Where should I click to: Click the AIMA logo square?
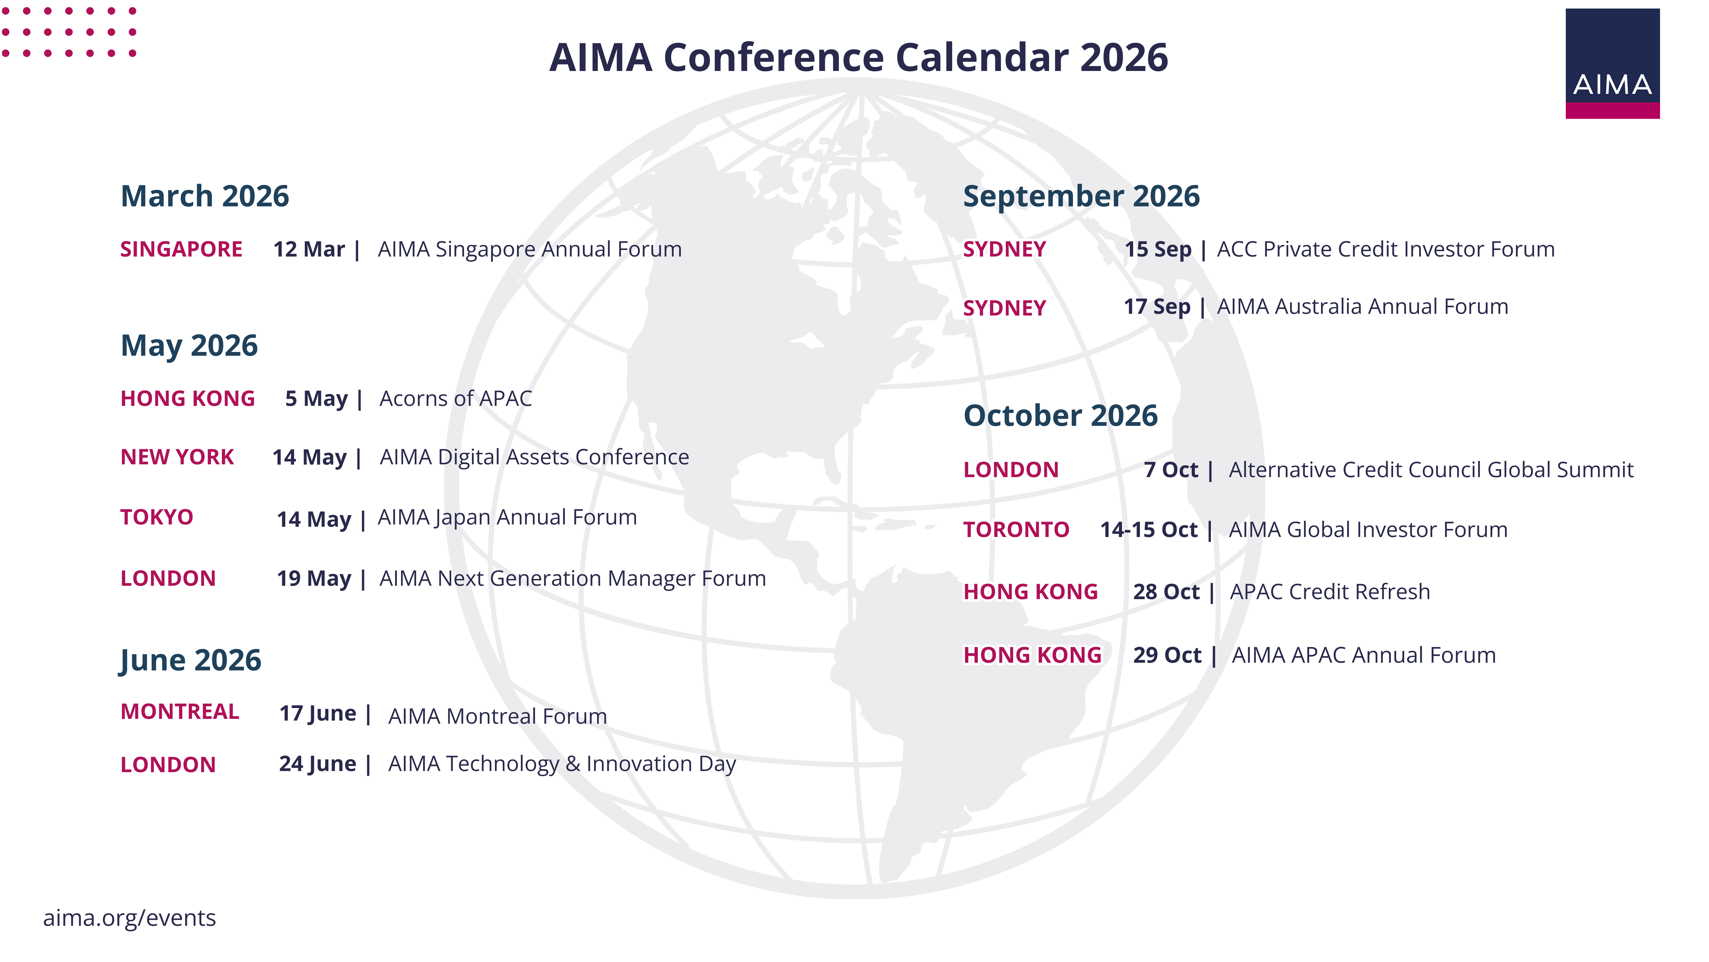[x=1612, y=64]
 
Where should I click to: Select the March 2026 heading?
[x=205, y=196]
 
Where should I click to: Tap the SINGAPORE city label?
[x=181, y=250]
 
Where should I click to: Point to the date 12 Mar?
[x=309, y=250]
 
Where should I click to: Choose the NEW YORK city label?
[x=177, y=457]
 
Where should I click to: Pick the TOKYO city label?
[x=157, y=517]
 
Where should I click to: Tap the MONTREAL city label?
[x=180, y=712]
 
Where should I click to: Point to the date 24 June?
[x=318, y=764]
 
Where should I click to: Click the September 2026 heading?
[x=1082, y=196]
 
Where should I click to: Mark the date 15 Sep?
[x=1158, y=250]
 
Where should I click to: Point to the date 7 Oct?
[x=1171, y=470]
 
